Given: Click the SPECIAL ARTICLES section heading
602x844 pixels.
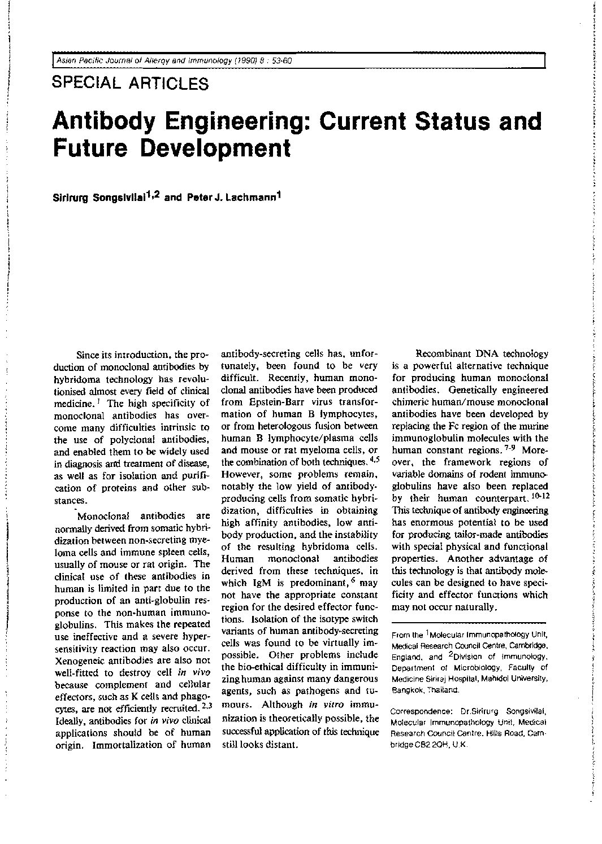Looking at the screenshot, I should click(130, 84).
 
